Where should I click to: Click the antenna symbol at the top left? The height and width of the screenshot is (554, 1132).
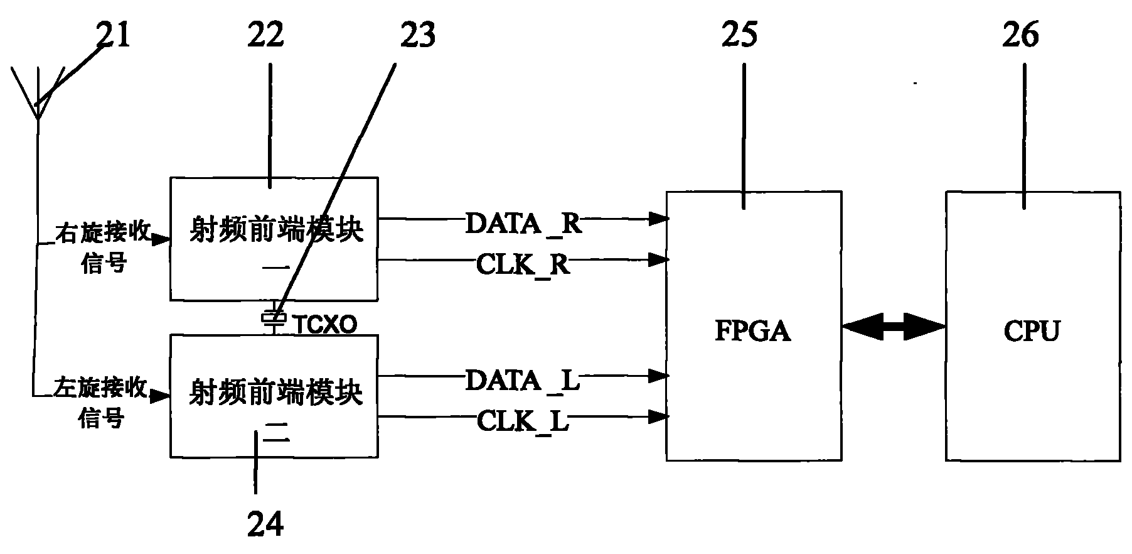[38, 94]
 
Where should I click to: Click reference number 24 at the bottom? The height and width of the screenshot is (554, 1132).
[265, 524]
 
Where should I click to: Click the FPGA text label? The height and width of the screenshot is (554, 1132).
[753, 330]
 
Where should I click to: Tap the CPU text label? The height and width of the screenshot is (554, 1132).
[1032, 330]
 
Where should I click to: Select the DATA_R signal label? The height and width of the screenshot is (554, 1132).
[523, 224]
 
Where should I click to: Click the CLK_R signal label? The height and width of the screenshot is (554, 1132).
[523, 264]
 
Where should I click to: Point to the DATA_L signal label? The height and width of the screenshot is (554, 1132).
[522, 381]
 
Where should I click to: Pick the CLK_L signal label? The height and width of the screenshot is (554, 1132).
[523, 421]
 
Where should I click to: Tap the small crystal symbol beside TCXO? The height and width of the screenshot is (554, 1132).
[272, 319]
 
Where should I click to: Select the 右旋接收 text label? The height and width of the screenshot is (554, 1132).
[104, 232]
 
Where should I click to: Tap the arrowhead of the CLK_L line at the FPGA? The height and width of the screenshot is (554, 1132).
[658, 416]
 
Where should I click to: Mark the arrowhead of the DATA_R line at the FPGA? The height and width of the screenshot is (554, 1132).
[658, 219]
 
